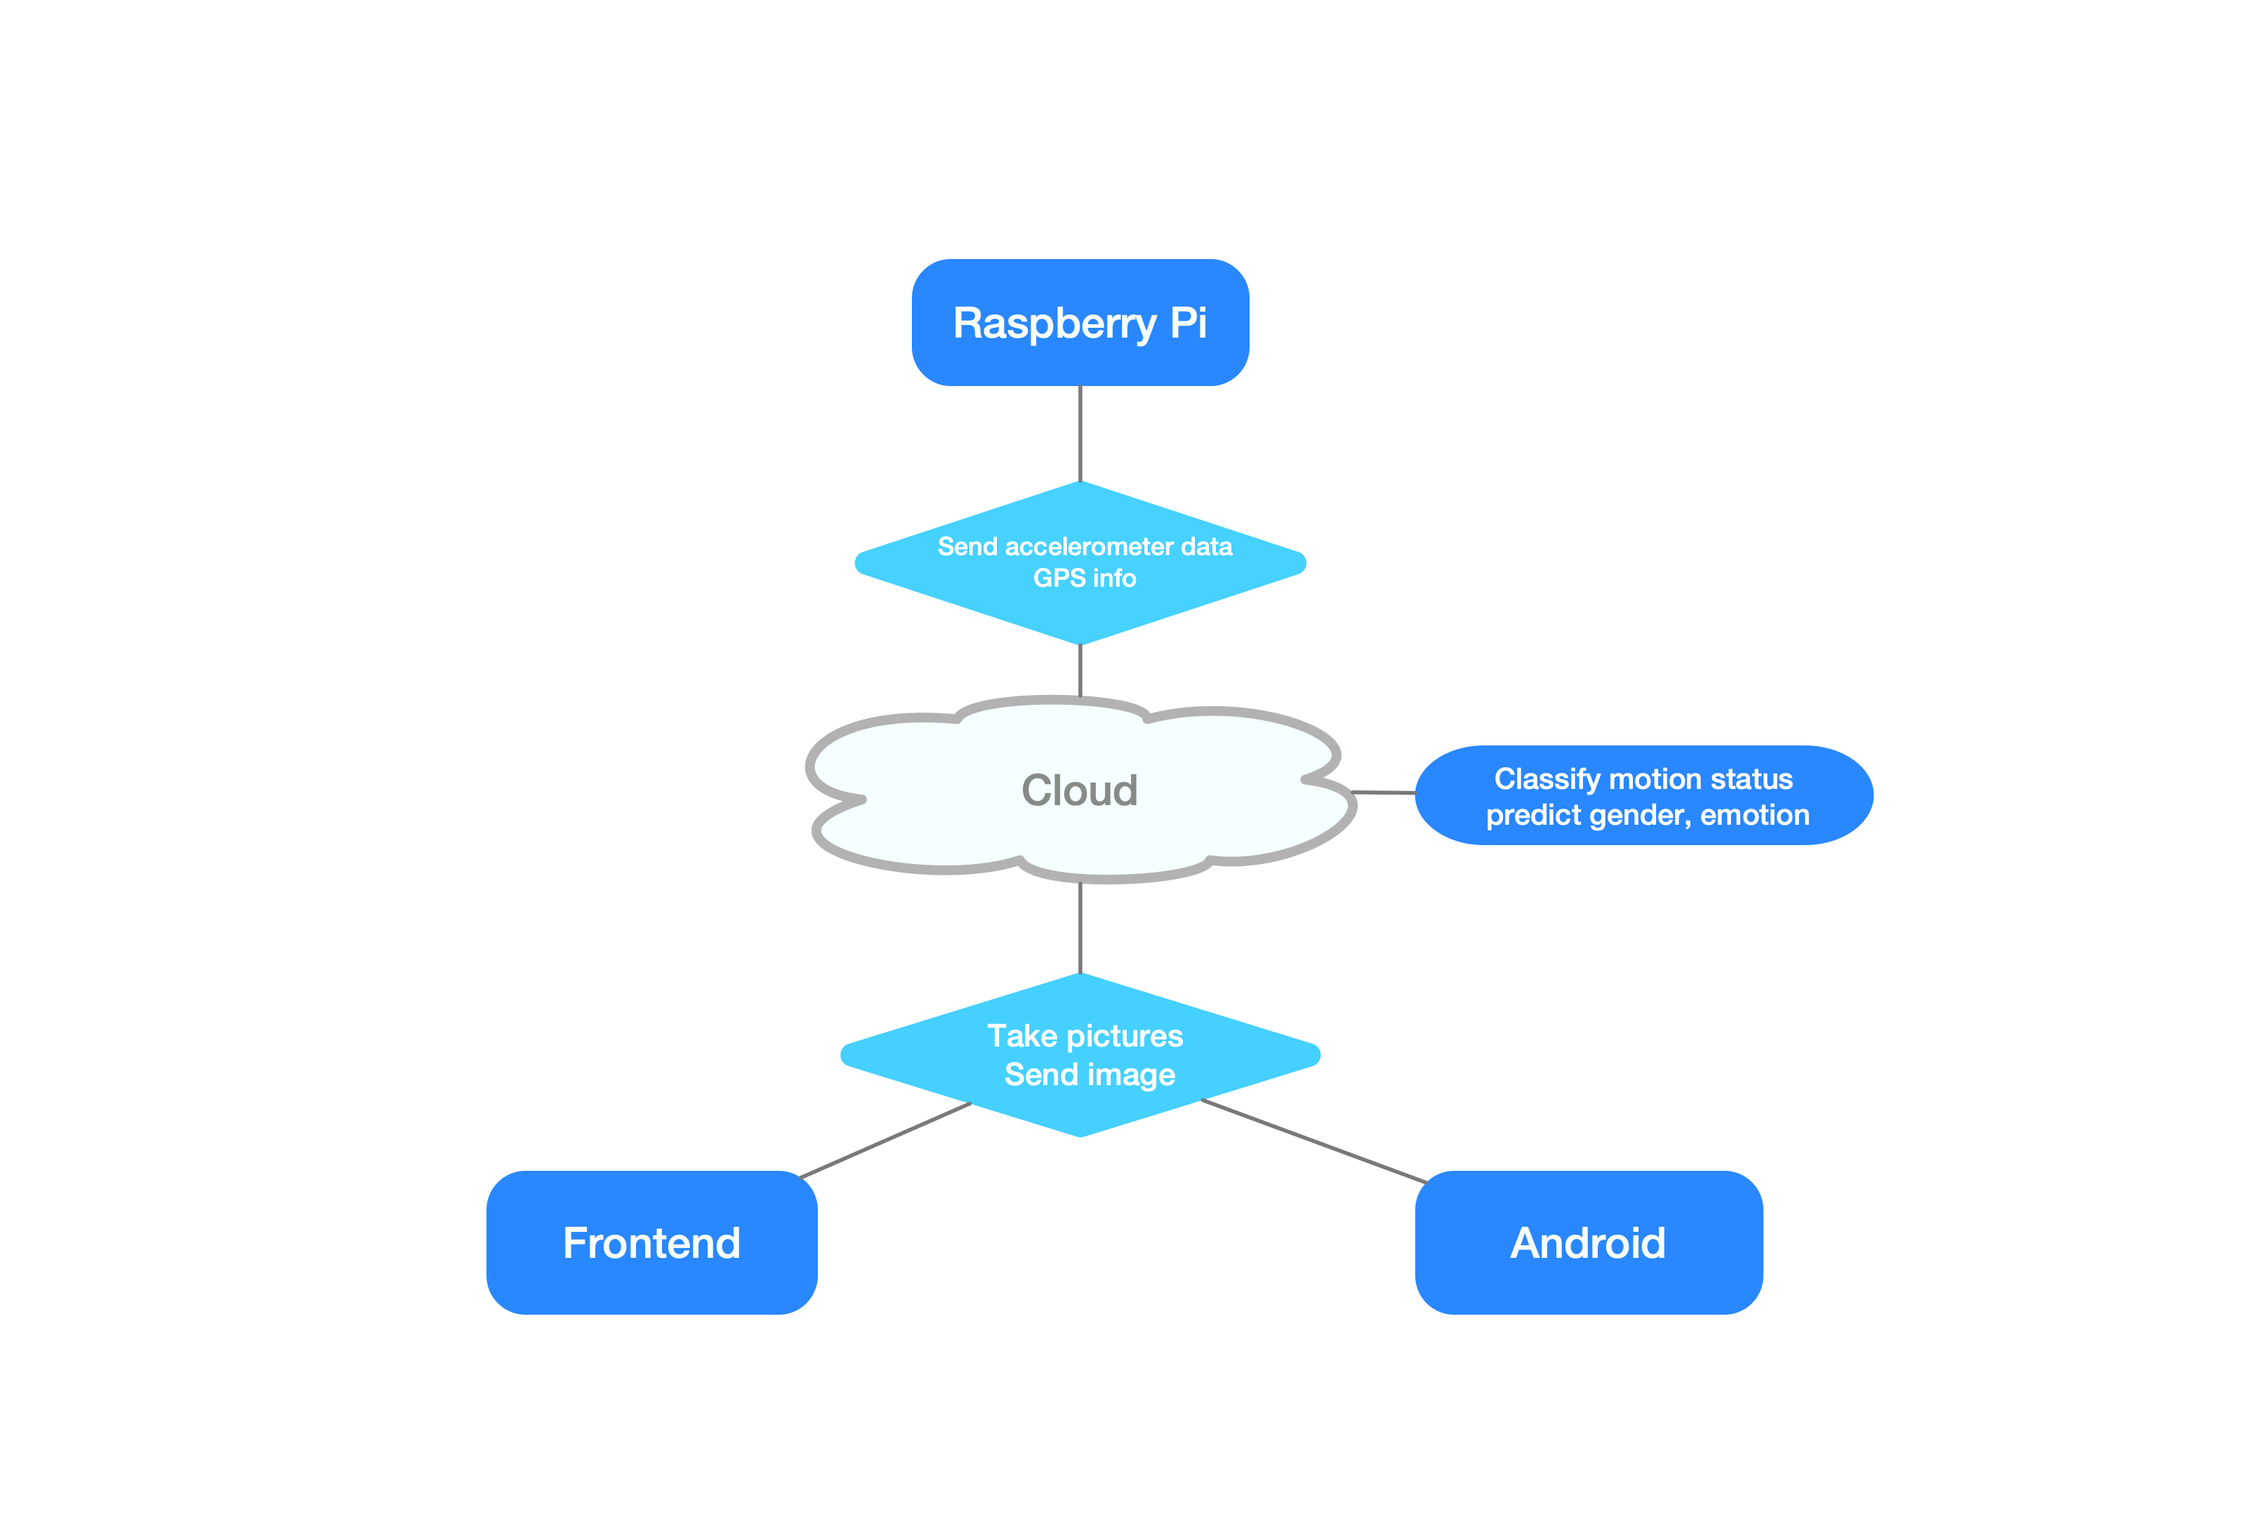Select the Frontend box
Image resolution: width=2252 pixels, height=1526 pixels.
tap(651, 1242)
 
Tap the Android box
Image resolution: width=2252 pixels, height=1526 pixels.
tap(1588, 1242)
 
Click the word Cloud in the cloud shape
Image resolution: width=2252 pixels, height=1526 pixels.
tap(1080, 790)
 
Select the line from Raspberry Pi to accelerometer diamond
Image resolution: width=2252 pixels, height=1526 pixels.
tap(1080, 433)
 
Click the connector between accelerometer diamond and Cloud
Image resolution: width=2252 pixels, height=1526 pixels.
tap(1080, 670)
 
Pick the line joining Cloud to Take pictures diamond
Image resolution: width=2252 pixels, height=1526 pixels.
tap(1080, 927)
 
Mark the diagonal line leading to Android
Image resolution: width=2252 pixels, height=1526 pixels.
tap(1313, 1141)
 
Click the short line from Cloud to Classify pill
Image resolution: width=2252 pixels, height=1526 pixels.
tap(1384, 792)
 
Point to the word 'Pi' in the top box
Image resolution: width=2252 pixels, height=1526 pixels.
tap(1188, 323)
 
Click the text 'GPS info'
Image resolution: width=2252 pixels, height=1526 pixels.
tap(1085, 578)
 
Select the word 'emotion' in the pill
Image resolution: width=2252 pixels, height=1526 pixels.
tap(1755, 815)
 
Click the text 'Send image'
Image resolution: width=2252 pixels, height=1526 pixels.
tap(1089, 1075)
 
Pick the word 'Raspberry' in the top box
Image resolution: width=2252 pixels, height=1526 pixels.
tap(1054, 324)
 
